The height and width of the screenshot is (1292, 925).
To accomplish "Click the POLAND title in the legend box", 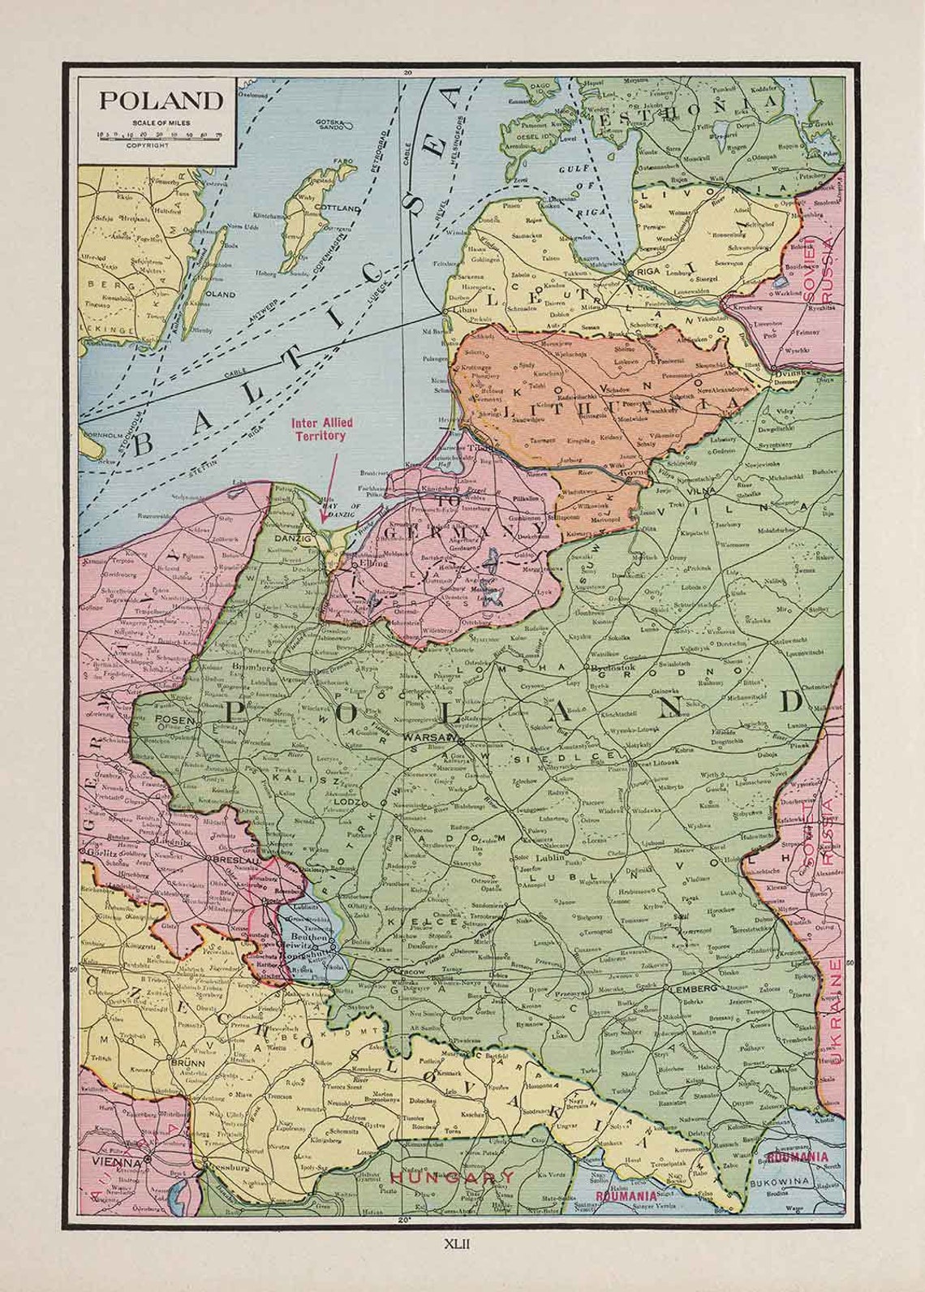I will tap(161, 101).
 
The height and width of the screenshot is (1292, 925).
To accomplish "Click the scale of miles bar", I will tap(160, 136).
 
